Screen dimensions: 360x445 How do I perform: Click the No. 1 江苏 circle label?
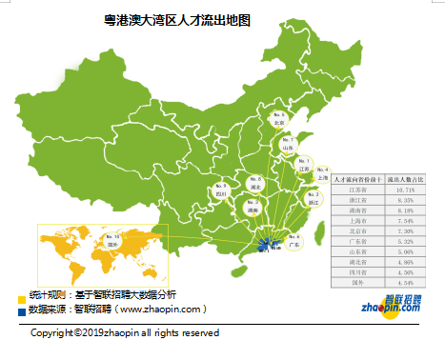[x=304, y=167]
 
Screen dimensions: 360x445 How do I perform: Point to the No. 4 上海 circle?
[x=323, y=172]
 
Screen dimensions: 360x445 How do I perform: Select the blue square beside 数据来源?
[x=22, y=311]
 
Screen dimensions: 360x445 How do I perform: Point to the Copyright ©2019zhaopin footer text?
[x=125, y=333]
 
